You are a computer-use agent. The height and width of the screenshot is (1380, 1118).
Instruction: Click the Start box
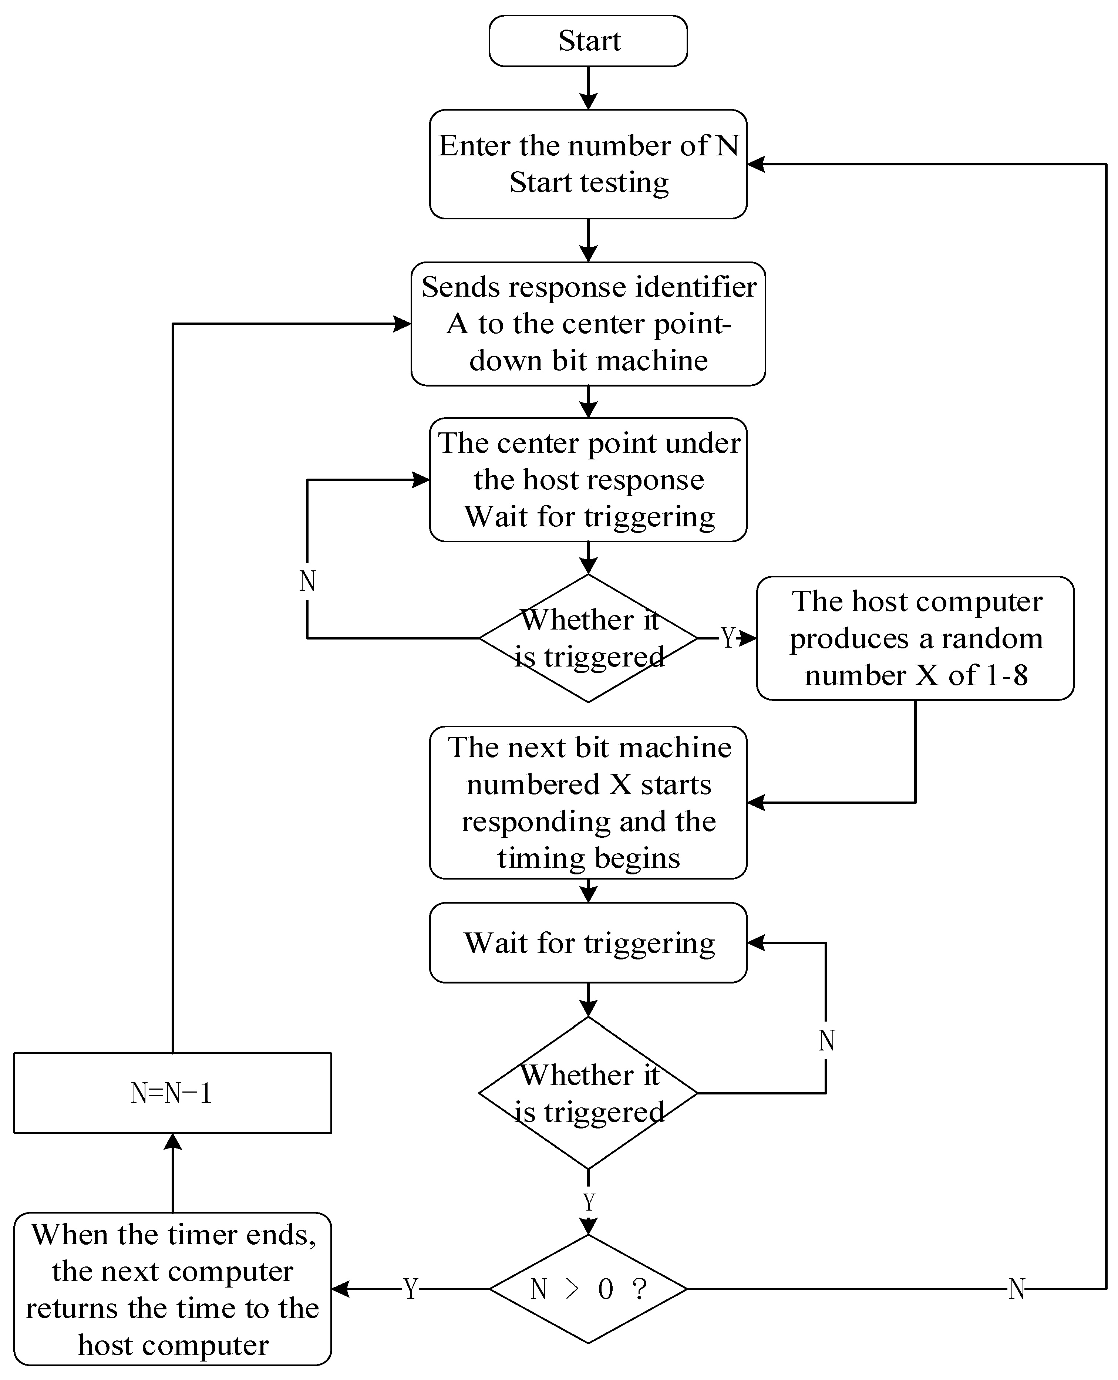pyautogui.click(x=588, y=41)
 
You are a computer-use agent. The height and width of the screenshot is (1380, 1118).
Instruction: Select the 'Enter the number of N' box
pyautogui.click(x=588, y=164)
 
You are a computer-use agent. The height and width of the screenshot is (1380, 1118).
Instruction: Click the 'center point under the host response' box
pyautogui.click(x=588, y=480)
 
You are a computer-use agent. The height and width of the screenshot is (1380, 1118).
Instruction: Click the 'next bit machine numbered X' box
pyautogui.click(x=588, y=802)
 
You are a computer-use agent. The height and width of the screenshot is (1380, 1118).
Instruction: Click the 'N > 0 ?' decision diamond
pyautogui.click(x=588, y=1289)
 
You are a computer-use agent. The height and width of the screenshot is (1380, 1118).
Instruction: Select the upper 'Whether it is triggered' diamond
pyautogui.click(x=588, y=638)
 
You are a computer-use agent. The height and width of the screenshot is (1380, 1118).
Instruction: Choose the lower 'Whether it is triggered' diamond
pyautogui.click(x=588, y=1093)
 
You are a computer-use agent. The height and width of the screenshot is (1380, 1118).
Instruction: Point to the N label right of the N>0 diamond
pyautogui.click(x=1016, y=1289)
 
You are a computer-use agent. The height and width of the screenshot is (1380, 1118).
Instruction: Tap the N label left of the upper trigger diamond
pyautogui.click(x=307, y=581)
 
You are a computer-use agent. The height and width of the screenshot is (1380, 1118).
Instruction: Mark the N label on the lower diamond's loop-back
pyautogui.click(x=826, y=1040)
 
